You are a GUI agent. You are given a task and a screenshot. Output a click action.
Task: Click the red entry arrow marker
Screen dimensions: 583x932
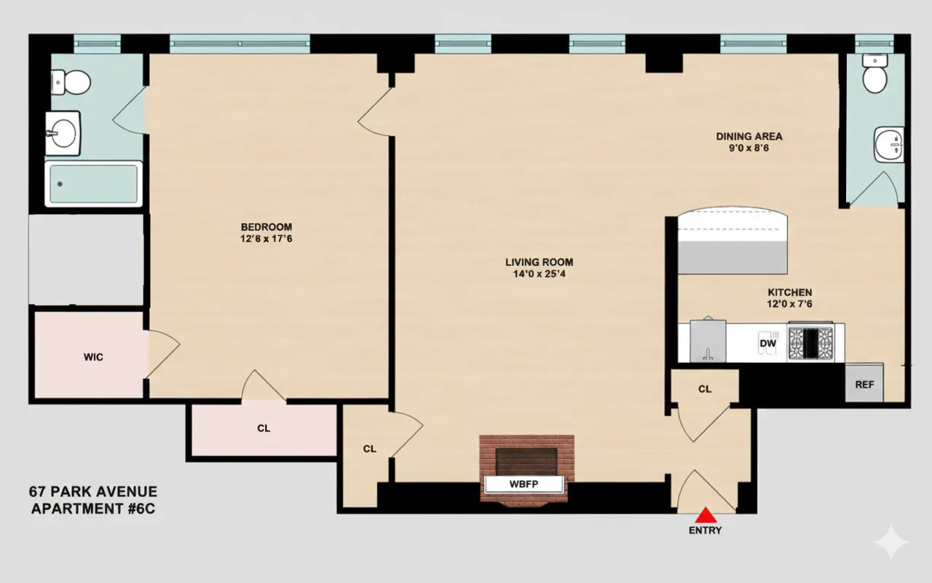[706, 514]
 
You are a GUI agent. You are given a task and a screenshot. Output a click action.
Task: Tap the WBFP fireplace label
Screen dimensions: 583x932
[524, 485]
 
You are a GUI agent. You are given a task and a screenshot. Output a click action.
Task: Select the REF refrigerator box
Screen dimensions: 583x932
[864, 384]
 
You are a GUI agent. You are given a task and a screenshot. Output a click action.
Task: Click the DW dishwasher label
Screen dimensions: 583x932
[767, 343]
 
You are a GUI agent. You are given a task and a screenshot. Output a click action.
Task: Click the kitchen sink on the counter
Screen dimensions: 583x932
[708, 340]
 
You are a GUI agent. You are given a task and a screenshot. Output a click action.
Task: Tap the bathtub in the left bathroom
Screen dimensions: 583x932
[93, 184]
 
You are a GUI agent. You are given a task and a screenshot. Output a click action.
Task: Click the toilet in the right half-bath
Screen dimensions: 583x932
[874, 74]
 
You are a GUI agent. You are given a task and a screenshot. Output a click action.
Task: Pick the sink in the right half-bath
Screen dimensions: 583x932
[889, 144]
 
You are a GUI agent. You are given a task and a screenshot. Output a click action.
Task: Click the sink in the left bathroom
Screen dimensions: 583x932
[63, 133]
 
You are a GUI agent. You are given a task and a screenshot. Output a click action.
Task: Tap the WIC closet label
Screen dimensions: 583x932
[93, 357]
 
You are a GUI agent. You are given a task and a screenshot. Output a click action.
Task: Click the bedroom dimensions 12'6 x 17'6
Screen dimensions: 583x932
[266, 238]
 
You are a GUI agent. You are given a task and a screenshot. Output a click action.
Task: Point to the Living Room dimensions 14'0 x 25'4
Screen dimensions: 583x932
[539, 275]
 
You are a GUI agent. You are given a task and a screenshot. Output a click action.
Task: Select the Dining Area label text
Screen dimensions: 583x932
[749, 136]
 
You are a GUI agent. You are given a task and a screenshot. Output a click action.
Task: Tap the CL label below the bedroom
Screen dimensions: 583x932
[264, 429]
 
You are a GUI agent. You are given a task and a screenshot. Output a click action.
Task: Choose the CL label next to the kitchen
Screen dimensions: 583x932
[705, 389]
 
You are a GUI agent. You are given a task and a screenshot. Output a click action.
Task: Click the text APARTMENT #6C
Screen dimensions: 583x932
[92, 508]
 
